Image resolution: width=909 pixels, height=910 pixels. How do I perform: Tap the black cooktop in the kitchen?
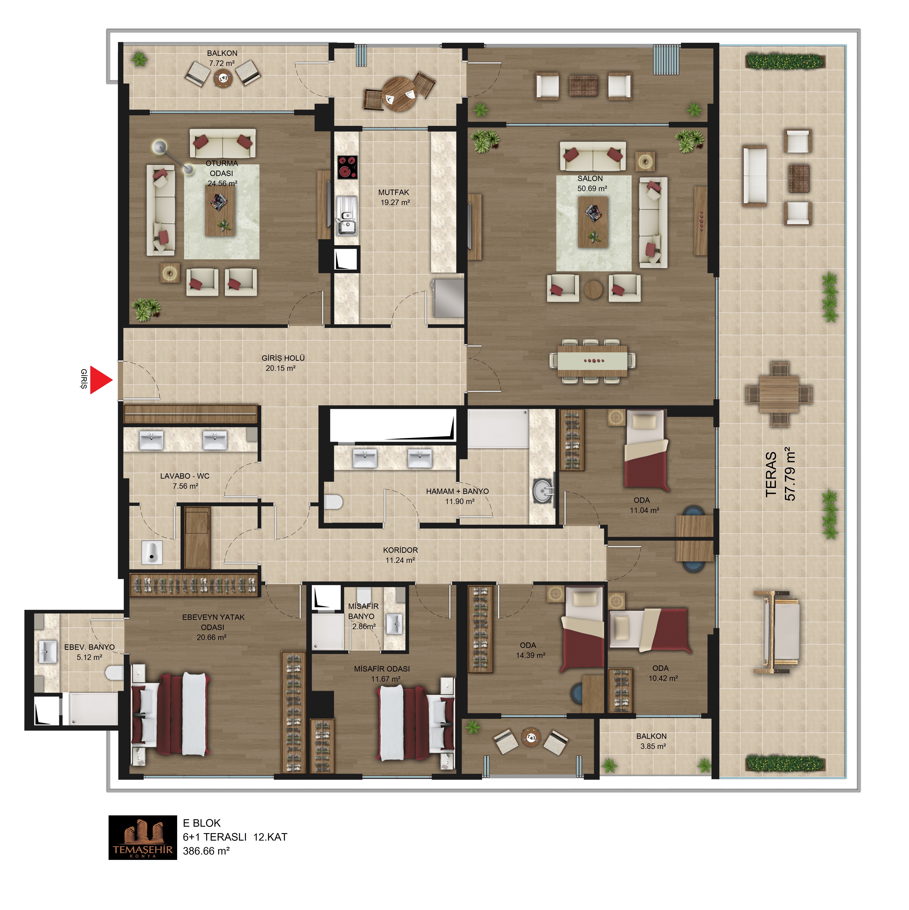point(347,167)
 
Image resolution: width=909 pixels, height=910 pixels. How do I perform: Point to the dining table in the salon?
point(592,361)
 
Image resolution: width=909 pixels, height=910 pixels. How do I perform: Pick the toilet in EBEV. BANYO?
point(114,673)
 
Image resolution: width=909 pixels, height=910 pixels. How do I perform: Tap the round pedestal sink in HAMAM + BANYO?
point(543,491)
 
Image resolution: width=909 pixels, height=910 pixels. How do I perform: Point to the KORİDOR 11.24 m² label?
point(400,555)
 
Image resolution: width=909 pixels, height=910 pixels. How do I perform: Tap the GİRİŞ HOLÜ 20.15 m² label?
point(283,363)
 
